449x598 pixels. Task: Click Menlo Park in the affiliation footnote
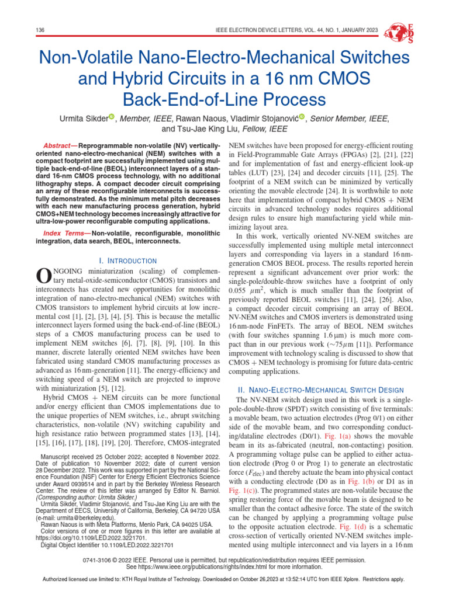[148, 524]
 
